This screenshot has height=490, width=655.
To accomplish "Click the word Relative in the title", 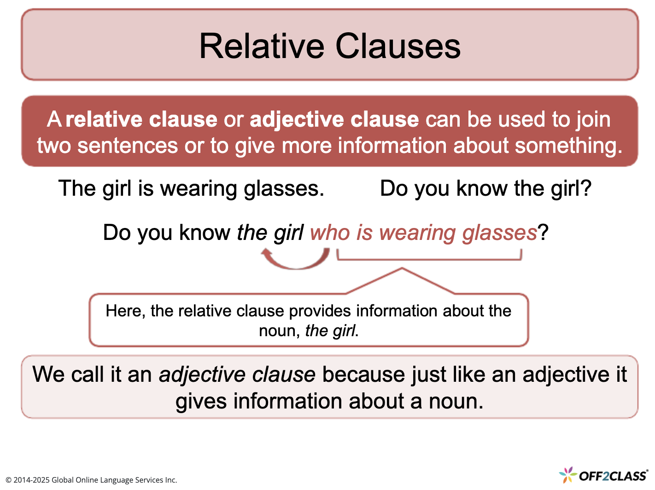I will click(x=262, y=46).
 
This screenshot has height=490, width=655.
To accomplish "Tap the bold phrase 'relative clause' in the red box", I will click(x=141, y=119).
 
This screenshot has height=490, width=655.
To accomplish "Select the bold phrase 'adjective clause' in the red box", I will click(x=334, y=119).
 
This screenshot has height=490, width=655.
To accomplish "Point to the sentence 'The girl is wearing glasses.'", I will click(x=191, y=188).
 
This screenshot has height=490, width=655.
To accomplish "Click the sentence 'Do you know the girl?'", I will click(x=485, y=188).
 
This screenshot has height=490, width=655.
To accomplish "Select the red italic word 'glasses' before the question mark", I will click(x=499, y=232).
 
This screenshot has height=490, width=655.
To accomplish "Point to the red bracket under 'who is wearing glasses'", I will click(x=429, y=258).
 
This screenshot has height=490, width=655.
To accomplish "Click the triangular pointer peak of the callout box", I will click(x=402, y=269).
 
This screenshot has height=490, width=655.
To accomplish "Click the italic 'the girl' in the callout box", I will click(x=330, y=331).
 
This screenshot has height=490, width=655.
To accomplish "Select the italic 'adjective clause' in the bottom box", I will click(x=237, y=374).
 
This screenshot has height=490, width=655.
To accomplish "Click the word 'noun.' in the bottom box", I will click(x=456, y=401).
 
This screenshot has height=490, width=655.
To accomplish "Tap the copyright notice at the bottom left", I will click(x=91, y=480).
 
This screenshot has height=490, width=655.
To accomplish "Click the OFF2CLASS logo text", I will click(x=613, y=476).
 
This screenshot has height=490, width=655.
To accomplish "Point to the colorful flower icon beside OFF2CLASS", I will click(x=568, y=474).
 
